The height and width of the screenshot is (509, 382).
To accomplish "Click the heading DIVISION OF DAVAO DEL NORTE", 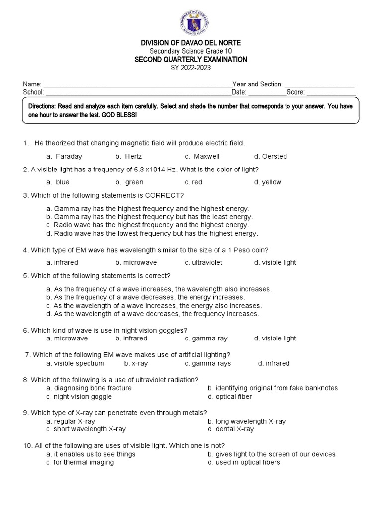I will pyautogui.click(x=191, y=44).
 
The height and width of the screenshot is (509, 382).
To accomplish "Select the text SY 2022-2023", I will pyautogui.click(x=191, y=67).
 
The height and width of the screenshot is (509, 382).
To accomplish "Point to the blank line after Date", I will pyautogui.click(x=267, y=93).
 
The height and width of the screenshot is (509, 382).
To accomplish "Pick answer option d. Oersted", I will pyautogui.click(x=270, y=156).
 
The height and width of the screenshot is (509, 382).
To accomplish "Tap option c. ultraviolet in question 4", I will pyautogui.click(x=203, y=262).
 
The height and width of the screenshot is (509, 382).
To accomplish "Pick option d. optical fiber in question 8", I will pyautogui.click(x=230, y=396).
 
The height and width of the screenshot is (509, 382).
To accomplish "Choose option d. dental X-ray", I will pyautogui.click(x=231, y=429).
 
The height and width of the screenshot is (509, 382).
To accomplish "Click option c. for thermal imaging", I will pyautogui.click(x=80, y=462).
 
